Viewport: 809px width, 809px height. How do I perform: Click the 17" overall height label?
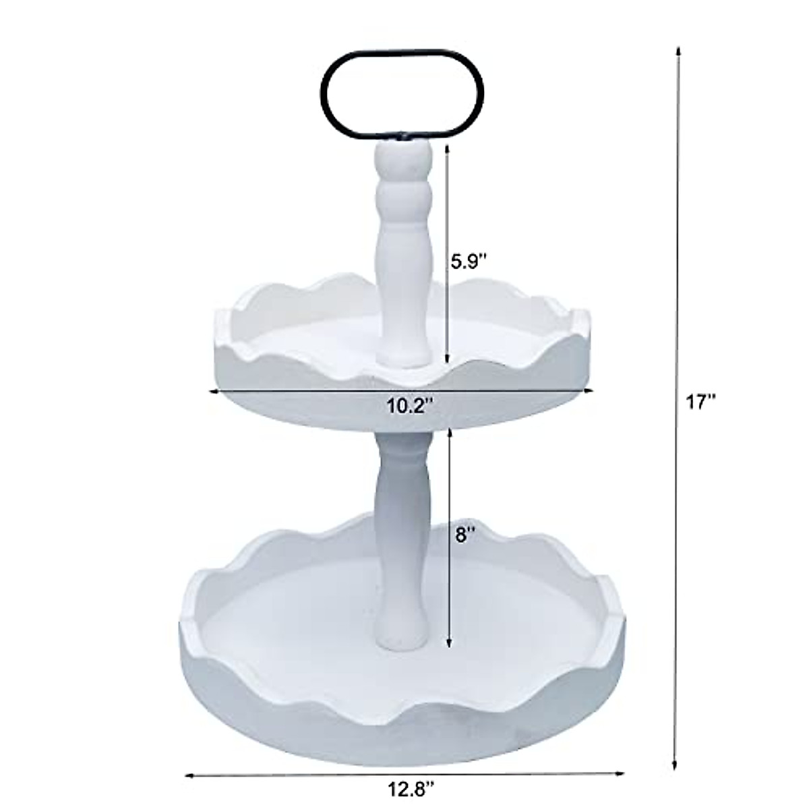[x=701, y=402]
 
